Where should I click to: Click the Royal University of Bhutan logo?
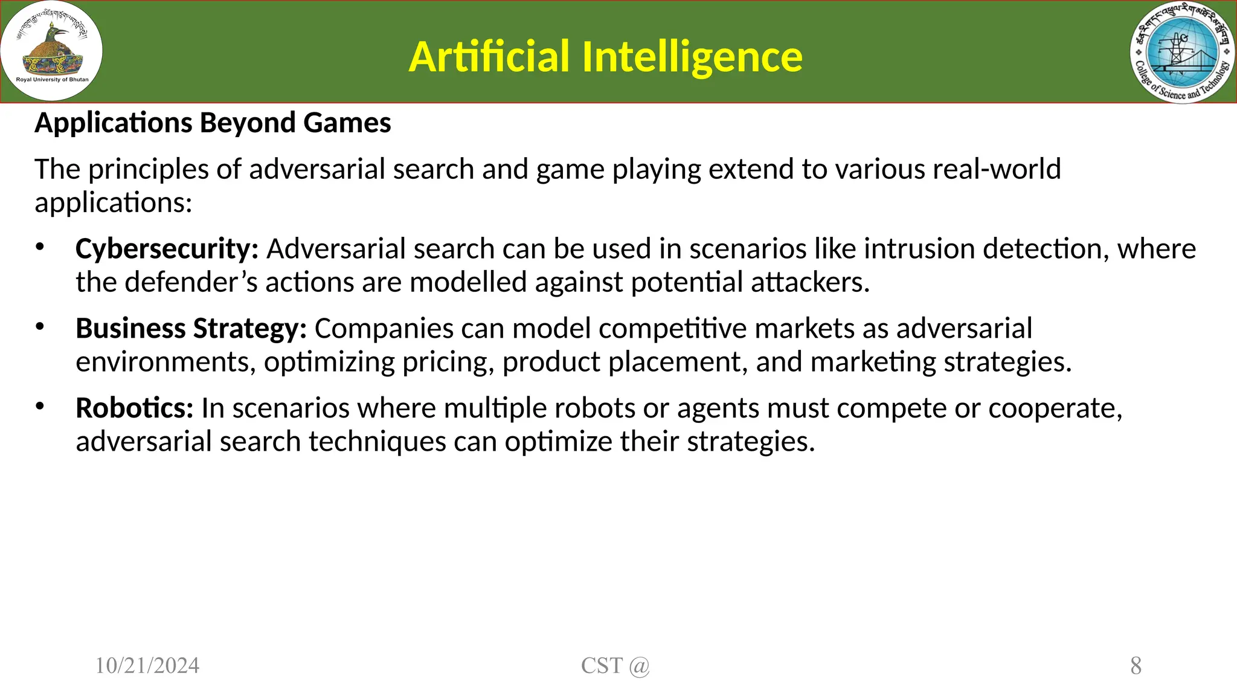click(52, 51)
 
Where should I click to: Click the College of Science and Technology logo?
click(1183, 52)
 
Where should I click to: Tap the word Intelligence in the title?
click(692, 57)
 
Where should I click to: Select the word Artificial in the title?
click(489, 57)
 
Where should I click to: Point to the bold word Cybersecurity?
click(167, 249)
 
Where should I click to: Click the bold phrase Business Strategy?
click(191, 329)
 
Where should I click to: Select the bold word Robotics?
click(134, 408)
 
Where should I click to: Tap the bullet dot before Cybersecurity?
click(40, 246)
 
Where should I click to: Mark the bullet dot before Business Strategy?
click(40, 326)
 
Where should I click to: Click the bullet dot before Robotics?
click(40, 406)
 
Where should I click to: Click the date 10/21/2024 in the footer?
click(147, 666)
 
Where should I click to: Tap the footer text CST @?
click(615, 666)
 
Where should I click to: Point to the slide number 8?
click(1136, 666)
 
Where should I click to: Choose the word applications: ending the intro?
click(113, 203)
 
